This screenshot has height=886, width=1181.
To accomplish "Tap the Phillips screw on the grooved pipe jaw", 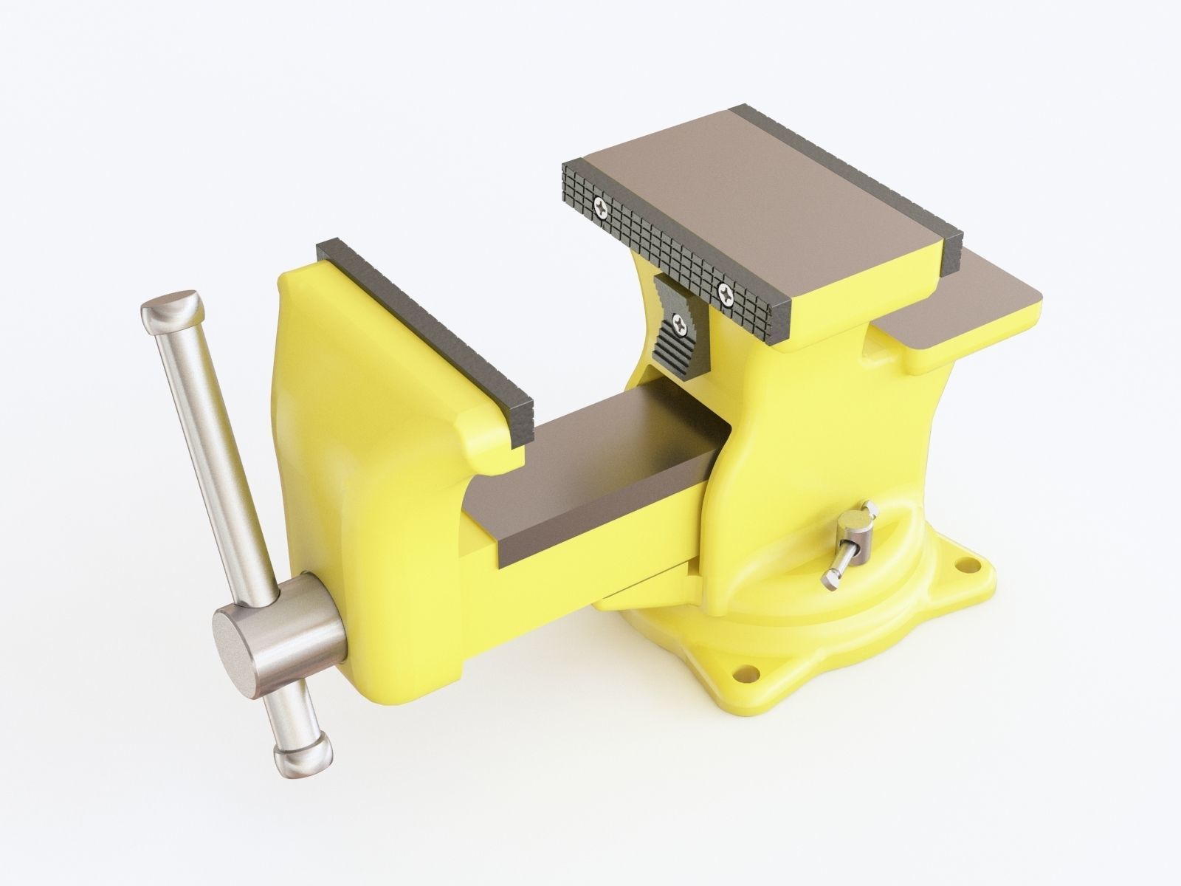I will click(679, 321).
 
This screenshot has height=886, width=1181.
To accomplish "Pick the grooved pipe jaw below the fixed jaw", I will click(675, 336).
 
